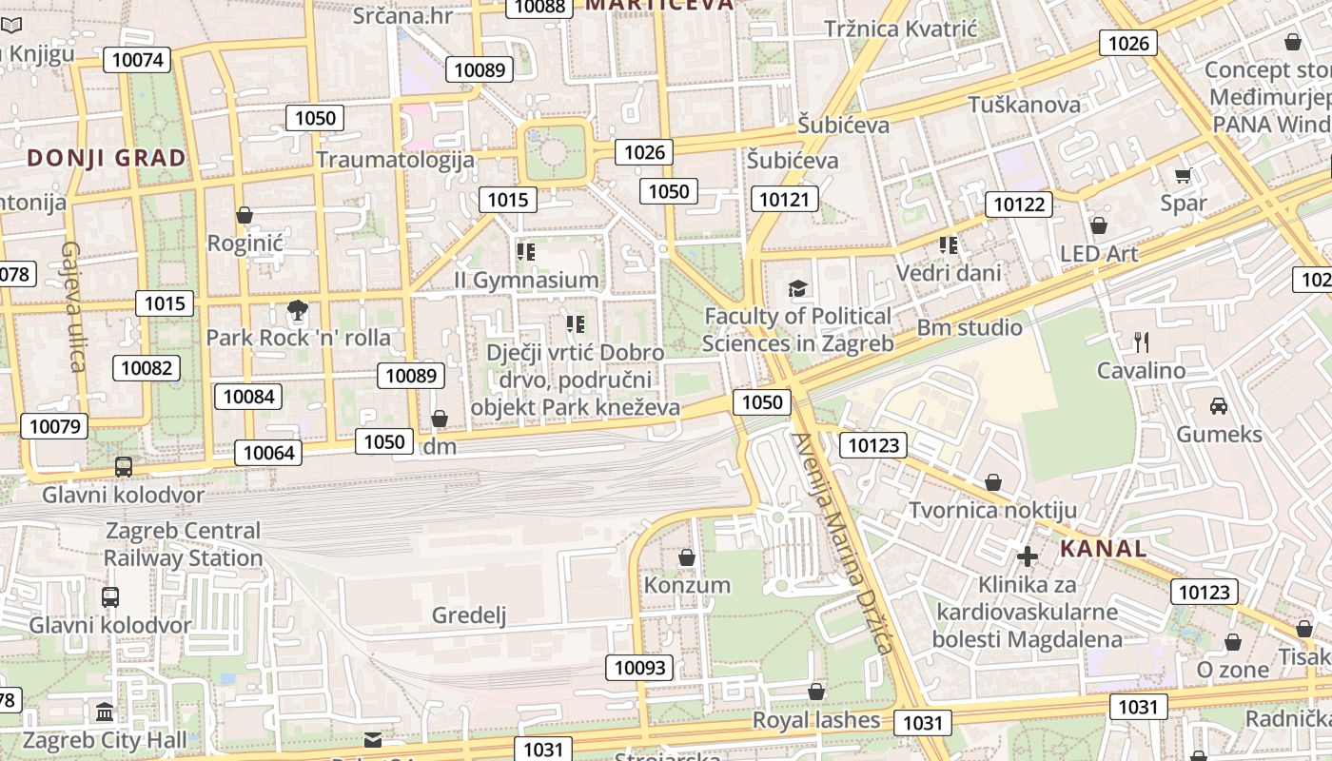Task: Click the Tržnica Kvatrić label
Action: [900, 29]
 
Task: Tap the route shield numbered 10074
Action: [139, 61]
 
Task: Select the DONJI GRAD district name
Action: [107, 158]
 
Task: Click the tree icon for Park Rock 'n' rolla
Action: [298, 309]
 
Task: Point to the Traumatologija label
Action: [395, 159]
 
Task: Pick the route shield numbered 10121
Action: [785, 199]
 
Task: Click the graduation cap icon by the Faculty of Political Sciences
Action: [797, 288]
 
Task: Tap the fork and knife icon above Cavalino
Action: [1142, 341]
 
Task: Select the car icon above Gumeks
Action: [1219, 406]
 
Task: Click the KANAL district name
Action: [1103, 549]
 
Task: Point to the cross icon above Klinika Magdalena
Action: [1028, 556]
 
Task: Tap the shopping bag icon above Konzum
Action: [687, 556]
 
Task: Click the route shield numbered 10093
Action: [640, 668]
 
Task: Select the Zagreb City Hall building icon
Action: [105, 712]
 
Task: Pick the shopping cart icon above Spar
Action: [1183, 174]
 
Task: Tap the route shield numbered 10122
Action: [1019, 204]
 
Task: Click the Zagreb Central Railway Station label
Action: [184, 544]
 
